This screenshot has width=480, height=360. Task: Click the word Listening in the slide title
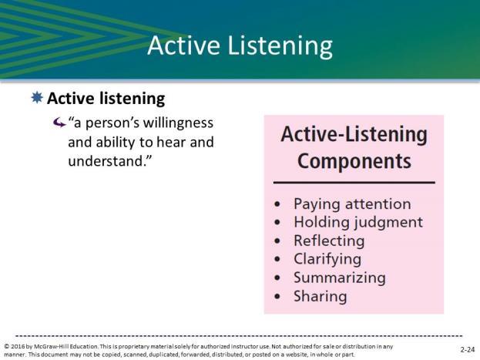pyautogui.click(x=280, y=46)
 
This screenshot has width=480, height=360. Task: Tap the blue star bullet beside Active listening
pyautogui.click(x=37, y=97)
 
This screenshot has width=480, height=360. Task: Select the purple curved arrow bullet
pyautogui.click(x=59, y=123)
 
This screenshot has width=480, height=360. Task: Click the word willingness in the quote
pyautogui.click(x=178, y=123)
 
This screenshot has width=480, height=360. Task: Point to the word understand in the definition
pyautogui.click(x=106, y=161)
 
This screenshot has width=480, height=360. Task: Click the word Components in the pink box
pyautogui.click(x=354, y=161)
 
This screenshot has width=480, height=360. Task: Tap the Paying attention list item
pyautogui.click(x=352, y=204)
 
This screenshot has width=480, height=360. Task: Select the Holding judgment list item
pyautogui.click(x=358, y=223)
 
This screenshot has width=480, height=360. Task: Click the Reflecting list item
pyautogui.click(x=329, y=241)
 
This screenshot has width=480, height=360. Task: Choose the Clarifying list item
pyautogui.click(x=327, y=260)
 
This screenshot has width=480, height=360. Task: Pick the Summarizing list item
pyautogui.click(x=340, y=278)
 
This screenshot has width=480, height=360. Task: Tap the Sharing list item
pyautogui.click(x=321, y=297)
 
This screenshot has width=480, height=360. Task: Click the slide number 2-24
pyautogui.click(x=468, y=349)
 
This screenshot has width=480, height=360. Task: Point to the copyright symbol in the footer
pyautogui.click(x=7, y=347)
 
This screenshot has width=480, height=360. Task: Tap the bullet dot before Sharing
pyautogui.click(x=277, y=296)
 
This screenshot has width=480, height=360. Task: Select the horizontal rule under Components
pyautogui.click(x=354, y=183)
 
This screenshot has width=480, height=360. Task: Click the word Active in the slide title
pyautogui.click(x=183, y=45)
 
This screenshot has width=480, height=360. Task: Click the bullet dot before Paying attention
pyautogui.click(x=277, y=204)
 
